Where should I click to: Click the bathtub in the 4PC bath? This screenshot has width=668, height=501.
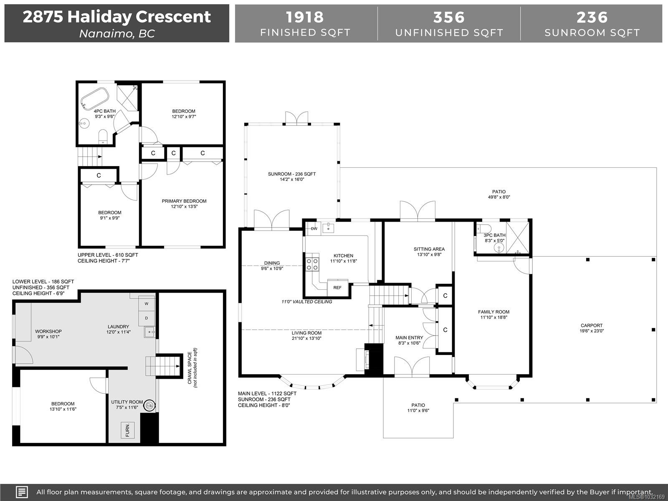click(x=95, y=99)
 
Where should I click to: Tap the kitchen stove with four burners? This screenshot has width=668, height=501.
click(x=312, y=264)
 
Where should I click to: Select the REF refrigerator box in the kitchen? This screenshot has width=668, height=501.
click(x=337, y=288)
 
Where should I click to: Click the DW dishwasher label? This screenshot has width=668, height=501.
click(x=314, y=229)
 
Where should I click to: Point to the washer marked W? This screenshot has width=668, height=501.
click(x=147, y=304)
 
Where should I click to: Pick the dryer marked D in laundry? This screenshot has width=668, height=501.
click(x=147, y=318)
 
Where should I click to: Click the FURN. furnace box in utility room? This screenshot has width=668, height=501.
click(x=127, y=430)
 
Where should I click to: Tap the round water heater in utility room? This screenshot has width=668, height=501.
click(x=149, y=405)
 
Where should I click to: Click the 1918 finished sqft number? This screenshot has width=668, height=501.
click(x=305, y=17)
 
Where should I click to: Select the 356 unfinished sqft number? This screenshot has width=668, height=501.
click(x=449, y=17)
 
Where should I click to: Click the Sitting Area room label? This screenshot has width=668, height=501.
click(x=429, y=249)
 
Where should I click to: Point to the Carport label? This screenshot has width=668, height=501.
click(x=592, y=326)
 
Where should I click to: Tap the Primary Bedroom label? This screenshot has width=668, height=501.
click(x=184, y=201)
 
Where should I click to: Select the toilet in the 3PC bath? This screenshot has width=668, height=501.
click(x=483, y=229)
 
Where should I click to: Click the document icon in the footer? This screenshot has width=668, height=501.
click(x=22, y=492)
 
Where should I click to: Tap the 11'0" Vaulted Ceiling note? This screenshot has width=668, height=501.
click(x=307, y=302)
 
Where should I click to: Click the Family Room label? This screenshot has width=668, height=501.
click(x=493, y=312)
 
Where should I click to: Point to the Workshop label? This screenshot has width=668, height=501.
click(x=48, y=331)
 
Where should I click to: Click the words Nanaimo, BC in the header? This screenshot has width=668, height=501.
click(x=117, y=34)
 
